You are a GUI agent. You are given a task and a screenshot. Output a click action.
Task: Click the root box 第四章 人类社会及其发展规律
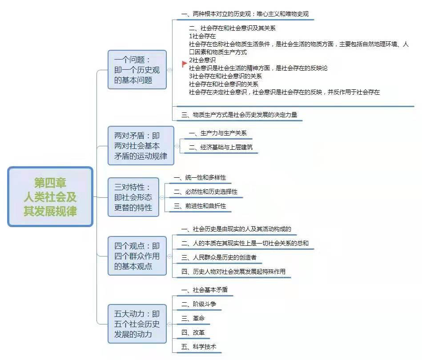(50, 197)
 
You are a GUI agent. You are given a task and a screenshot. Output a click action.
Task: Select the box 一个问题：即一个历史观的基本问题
(137, 70)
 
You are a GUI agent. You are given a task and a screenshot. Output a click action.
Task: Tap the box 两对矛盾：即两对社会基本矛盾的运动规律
(141, 146)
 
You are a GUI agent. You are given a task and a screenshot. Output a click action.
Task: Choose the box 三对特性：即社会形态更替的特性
(133, 197)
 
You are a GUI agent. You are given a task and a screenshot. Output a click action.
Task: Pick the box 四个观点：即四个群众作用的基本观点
(137, 256)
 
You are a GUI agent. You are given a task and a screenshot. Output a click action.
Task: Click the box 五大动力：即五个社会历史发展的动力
(137, 324)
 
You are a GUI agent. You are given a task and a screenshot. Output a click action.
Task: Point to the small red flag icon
(185, 64)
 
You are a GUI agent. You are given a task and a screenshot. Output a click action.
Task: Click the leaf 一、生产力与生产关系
(218, 133)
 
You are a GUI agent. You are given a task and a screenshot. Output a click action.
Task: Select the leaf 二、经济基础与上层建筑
(221, 147)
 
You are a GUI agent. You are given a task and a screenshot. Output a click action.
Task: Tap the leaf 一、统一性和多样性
(200, 178)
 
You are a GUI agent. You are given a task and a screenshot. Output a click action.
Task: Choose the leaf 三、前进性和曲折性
(200, 206)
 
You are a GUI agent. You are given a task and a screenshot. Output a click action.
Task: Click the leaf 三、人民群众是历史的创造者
(219, 257)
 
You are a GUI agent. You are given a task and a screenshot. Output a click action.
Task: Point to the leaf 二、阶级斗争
(199, 304)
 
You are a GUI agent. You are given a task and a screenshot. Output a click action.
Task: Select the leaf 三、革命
(193, 318)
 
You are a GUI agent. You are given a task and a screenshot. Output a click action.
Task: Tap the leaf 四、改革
(193, 332)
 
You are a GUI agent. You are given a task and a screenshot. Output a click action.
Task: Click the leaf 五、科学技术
(199, 347)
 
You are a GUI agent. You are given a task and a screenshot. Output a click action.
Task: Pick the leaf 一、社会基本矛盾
(205, 290)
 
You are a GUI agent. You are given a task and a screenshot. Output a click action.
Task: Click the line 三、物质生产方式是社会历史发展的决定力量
(239, 115)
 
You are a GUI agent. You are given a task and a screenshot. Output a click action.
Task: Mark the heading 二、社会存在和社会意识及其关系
(232, 28)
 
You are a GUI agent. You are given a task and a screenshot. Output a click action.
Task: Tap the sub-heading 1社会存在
(202, 36)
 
